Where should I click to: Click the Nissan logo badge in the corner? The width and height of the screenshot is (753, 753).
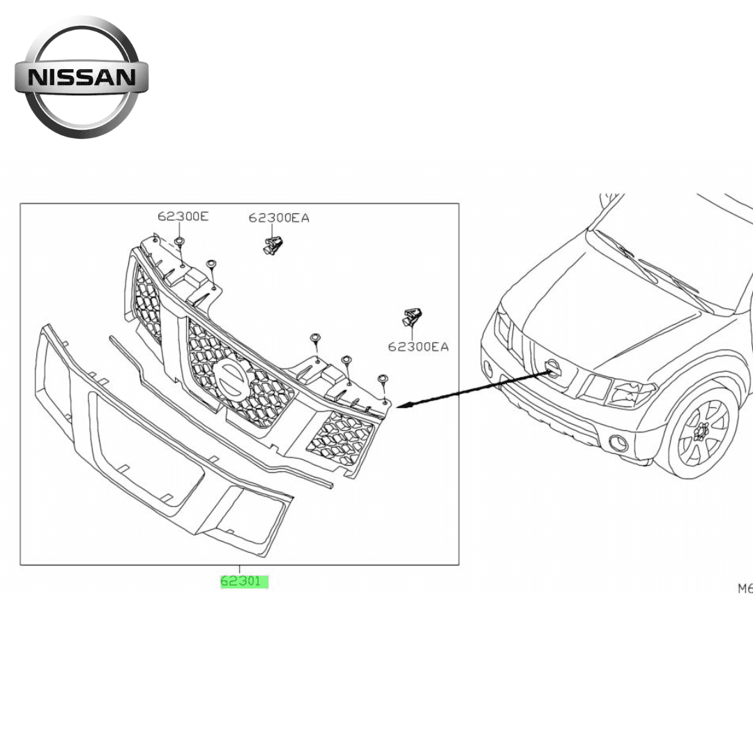point(82,77)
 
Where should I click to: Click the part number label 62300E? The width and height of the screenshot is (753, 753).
point(183,216)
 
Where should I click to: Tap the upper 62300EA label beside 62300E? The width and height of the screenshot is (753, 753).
point(279,218)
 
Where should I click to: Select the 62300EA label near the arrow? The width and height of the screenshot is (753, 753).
point(418,346)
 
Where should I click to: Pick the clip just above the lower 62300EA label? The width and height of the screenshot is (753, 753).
point(413,318)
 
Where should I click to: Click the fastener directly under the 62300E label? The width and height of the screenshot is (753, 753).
point(179,243)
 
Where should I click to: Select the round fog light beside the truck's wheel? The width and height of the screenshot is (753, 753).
point(617,443)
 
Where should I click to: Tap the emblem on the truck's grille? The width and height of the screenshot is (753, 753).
point(552,367)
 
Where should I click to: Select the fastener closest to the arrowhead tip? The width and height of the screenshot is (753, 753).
point(383,379)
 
